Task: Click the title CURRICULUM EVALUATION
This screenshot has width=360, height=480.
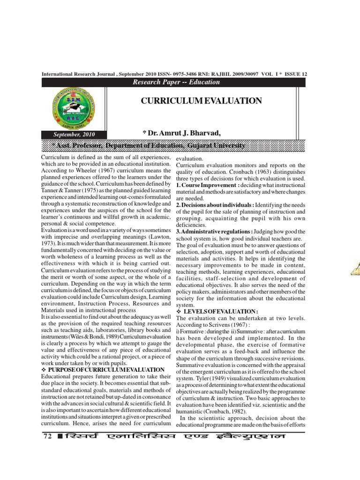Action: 201,101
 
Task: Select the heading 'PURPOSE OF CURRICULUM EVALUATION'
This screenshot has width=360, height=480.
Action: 105,370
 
